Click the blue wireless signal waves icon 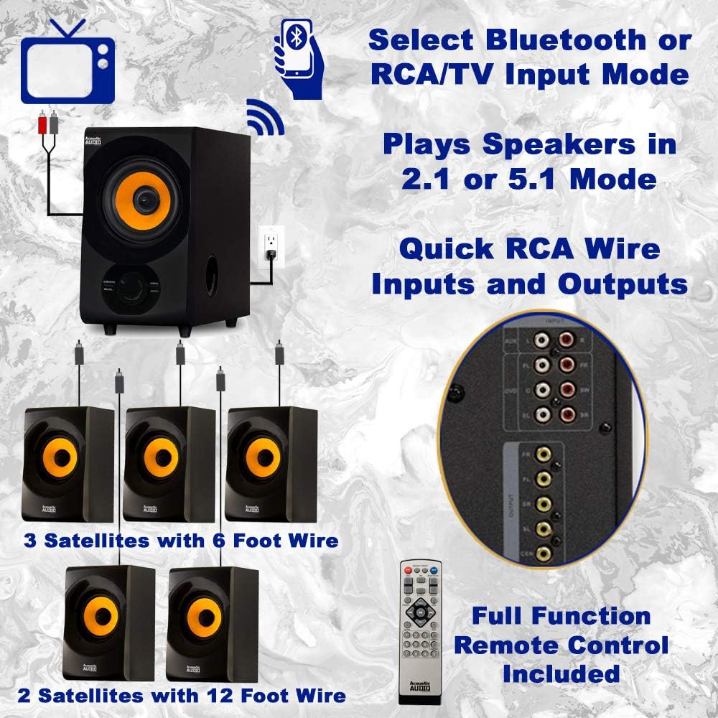pos(266,118)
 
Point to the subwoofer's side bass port pos(213,276)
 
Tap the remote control pos(419,632)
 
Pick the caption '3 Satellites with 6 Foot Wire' pos(181,541)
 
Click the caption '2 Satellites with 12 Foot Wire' pos(182,695)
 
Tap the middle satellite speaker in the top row pos(169,463)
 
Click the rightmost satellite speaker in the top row pos(271,463)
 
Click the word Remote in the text pos(561,645)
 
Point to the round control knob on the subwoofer pos(131,285)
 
